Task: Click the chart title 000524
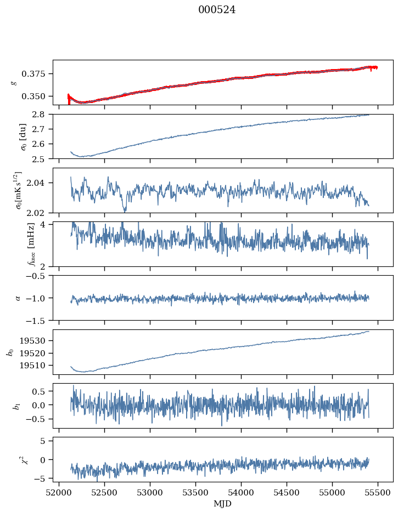pyautogui.click(x=216, y=10)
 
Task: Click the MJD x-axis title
pyautogui.click(x=222, y=504)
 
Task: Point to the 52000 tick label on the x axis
pyautogui.click(x=59, y=493)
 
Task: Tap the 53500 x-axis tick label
pyautogui.click(x=195, y=493)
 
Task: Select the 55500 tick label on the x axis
pyautogui.click(x=378, y=493)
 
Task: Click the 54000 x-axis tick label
pyautogui.click(x=241, y=493)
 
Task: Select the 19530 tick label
pyautogui.click(x=31, y=340)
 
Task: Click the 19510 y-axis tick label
pyautogui.click(x=31, y=365)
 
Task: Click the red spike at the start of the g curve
pyautogui.click(x=69, y=99)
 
